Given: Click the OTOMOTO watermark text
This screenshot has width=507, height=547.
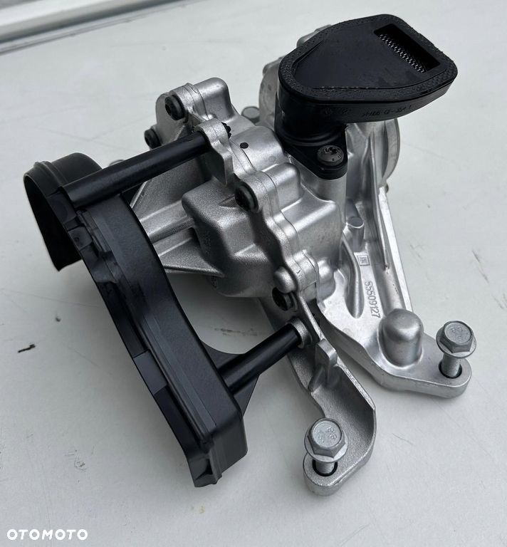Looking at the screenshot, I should (47, 533).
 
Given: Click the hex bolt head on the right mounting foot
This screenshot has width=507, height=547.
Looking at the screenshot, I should (455, 339).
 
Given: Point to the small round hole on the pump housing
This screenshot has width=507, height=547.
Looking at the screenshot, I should (244, 145).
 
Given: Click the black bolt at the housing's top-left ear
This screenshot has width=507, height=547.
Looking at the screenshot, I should (174, 107).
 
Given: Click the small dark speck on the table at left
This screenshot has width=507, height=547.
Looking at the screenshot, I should (26, 348).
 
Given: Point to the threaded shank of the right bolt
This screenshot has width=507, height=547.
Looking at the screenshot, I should (450, 366).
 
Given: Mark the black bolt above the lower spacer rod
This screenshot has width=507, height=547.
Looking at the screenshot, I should (283, 299).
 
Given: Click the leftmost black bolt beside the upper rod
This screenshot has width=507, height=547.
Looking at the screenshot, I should (152, 137).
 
